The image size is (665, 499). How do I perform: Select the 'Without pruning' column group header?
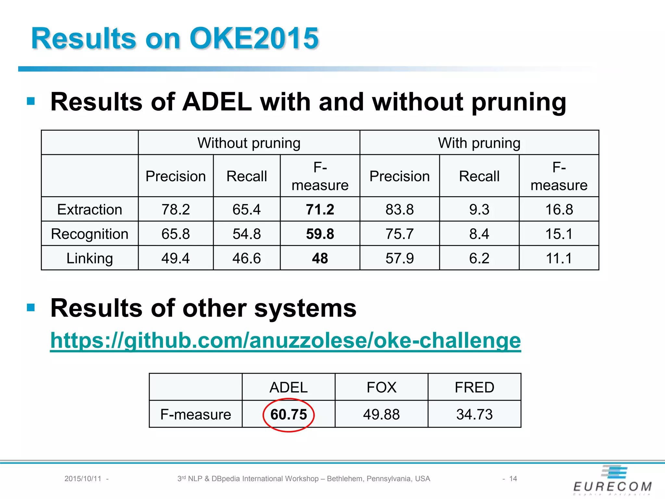[249, 143]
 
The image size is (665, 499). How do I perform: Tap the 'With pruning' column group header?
[479, 143]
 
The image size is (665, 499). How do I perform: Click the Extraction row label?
[90, 210]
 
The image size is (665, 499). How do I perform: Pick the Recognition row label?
[90, 234]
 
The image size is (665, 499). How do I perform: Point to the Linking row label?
[90, 258]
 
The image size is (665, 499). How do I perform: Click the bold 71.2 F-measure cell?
[320, 210]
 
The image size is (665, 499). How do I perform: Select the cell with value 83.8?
[399, 210]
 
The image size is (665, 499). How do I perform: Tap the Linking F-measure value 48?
[320, 258]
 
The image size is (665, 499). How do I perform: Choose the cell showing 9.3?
[479, 210]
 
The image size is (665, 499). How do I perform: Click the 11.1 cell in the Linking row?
[558, 258]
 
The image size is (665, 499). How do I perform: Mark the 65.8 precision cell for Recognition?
[175, 234]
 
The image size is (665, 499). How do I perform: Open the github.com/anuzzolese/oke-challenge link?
[285, 340]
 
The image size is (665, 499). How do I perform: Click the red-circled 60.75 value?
[288, 415]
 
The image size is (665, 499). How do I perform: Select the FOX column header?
[381, 387]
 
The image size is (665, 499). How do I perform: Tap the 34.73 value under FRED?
[474, 415]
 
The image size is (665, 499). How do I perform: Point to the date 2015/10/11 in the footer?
[83, 479]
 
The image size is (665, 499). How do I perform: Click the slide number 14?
[513, 479]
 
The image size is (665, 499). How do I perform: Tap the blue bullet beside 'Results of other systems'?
[31, 307]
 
